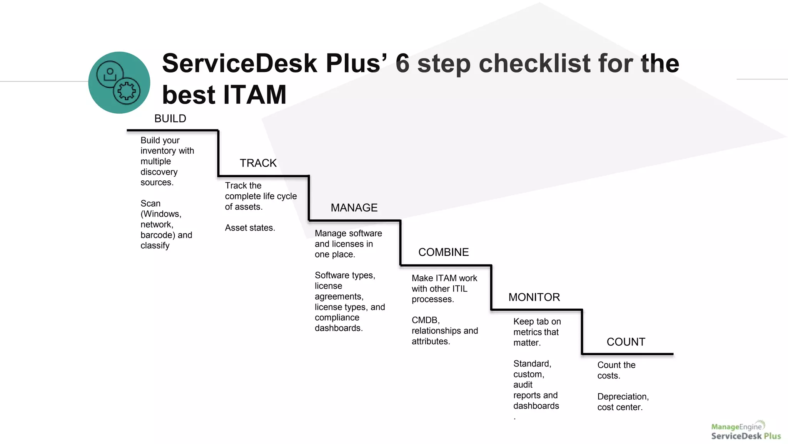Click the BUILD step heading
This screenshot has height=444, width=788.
(170, 119)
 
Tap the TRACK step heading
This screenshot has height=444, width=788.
(258, 163)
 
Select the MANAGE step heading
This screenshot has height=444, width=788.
(354, 208)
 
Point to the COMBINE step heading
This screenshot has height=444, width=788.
(443, 252)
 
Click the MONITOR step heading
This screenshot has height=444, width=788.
(534, 297)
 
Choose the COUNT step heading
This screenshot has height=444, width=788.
(626, 342)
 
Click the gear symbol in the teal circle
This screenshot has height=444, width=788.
(127, 91)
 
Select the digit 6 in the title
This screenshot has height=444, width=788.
(402, 64)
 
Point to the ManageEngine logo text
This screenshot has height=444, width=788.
(736, 427)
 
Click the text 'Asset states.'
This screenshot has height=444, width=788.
(250, 228)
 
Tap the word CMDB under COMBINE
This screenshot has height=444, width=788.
(425, 320)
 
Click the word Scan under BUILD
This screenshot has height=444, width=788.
(150, 203)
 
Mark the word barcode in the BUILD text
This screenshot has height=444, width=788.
(157, 235)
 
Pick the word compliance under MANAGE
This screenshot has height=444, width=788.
(337, 318)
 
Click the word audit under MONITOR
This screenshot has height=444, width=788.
(523, 385)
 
